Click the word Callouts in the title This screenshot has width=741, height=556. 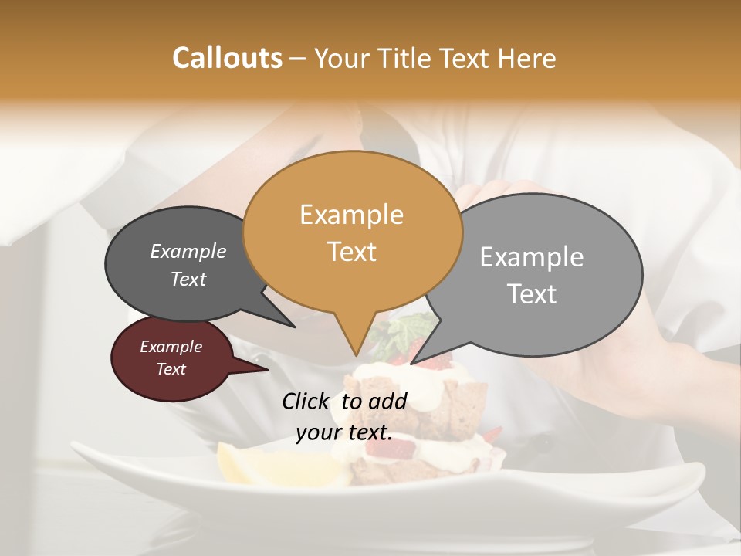point(227,58)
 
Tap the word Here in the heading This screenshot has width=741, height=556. point(528,58)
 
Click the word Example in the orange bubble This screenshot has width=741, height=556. point(352,214)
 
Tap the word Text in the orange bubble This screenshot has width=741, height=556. point(352,251)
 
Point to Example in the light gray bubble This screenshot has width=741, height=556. point(532,256)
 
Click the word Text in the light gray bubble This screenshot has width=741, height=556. point(532,293)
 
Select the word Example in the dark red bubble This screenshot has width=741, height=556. point(171,347)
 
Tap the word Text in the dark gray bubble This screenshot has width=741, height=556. point(188,279)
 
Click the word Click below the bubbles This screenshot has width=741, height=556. point(307,401)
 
